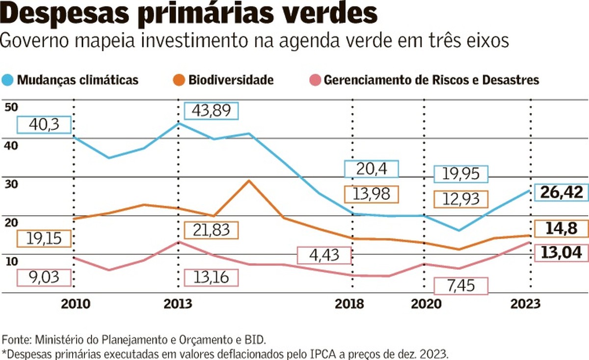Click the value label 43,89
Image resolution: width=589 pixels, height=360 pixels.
pyautogui.click(x=211, y=111)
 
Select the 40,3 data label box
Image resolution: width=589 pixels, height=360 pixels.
pyautogui.click(x=45, y=125)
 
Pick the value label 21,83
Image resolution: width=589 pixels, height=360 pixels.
pyautogui.click(x=211, y=230)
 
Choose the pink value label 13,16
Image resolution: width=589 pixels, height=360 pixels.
pyautogui.click(x=211, y=277)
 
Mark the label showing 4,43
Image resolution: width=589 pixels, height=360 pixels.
pyautogui.click(x=325, y=255)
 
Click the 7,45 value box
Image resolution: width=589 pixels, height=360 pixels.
pyautogui.click(x=461, y=286)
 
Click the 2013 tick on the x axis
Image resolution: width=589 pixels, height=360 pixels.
pyautogui.click(x=178, y=304)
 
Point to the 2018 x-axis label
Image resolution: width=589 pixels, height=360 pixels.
pyautogui.click(x=349, y=304)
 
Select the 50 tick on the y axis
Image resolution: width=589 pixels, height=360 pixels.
pyautogui.click(x=11, y=107)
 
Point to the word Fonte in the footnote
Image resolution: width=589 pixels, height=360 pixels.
pyautogui.click(x=16, y=339)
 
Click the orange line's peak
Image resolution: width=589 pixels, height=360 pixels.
pyautogui.click(x=249, y=181)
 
